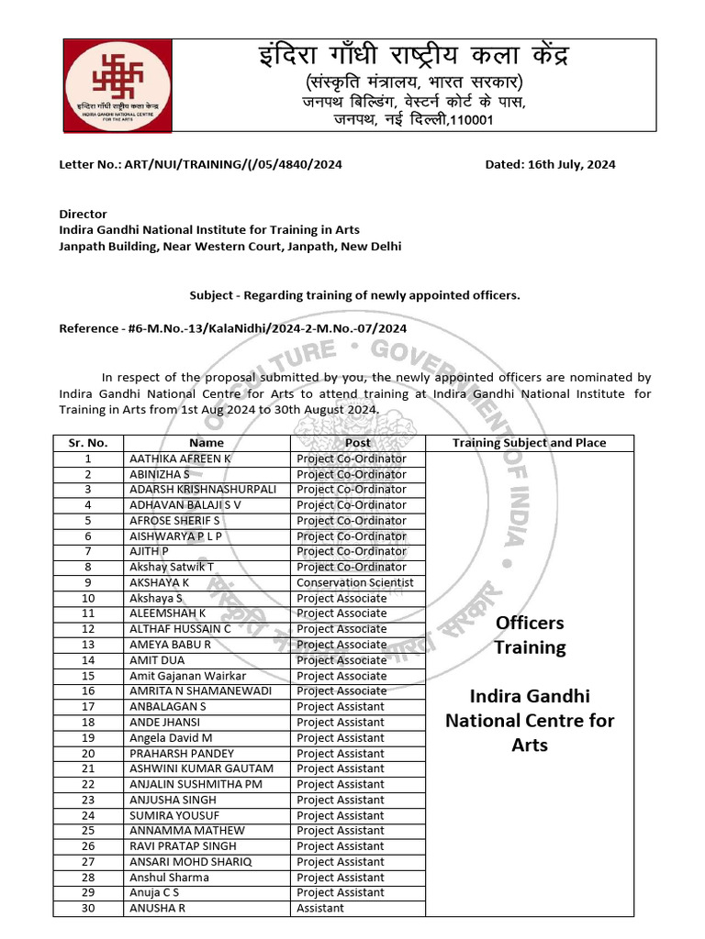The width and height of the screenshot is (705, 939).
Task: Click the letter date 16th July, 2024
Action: (550, 165)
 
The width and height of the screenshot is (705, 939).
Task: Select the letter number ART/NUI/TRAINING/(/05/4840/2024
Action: (201, 165)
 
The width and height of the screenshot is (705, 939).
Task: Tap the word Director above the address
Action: (83, 214)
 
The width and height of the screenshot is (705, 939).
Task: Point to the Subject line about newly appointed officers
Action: (354, 295)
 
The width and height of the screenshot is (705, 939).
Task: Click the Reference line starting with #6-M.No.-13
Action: (232, 327)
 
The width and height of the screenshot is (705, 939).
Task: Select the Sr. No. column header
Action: (88, 443)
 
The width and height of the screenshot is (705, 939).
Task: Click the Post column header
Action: (358, 443)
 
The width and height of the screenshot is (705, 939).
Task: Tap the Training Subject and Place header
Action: (529, 443)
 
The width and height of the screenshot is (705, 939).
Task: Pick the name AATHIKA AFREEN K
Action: (181, 458)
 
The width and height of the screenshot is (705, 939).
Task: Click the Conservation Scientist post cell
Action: (354, 582)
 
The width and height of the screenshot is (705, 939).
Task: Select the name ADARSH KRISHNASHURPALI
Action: (203, 490)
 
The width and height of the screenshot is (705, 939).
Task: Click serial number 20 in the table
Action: (88, 753)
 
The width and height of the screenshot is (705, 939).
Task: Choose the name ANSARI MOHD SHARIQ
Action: (190, 862)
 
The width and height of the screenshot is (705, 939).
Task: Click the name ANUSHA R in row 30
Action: (157, 908)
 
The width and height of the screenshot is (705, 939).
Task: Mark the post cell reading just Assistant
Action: (320, 908)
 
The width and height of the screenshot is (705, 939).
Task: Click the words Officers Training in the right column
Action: (530, 635)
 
